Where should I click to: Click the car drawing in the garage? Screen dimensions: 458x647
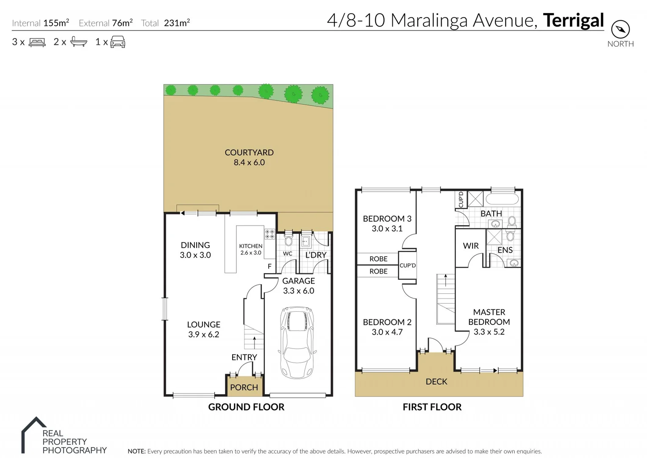[297, 343]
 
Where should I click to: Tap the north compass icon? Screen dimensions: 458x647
[620, 30]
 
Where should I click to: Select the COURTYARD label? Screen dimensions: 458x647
[249, 152]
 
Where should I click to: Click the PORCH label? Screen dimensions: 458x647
[244, 387]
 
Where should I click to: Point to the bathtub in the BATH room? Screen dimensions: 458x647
[502, 199]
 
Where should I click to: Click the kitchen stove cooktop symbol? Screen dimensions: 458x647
[270, 234]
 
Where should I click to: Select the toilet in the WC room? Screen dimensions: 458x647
[289, 241]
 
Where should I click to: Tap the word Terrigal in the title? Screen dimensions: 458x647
[573, 20]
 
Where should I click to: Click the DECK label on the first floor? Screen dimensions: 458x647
[436, 382]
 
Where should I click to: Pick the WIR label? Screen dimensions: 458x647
[471, 246]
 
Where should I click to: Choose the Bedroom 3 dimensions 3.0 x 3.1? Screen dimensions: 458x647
[387, 229]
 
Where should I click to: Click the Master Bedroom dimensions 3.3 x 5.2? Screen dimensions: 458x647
[489, 332]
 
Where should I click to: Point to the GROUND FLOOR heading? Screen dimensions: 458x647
[246, 407]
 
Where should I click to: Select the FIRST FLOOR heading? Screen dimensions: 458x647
[432, 407]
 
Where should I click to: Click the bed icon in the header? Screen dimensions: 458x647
[37, 42]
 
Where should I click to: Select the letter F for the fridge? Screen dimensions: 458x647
[269, 266]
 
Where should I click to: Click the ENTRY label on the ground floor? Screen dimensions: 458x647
[244, 357]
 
